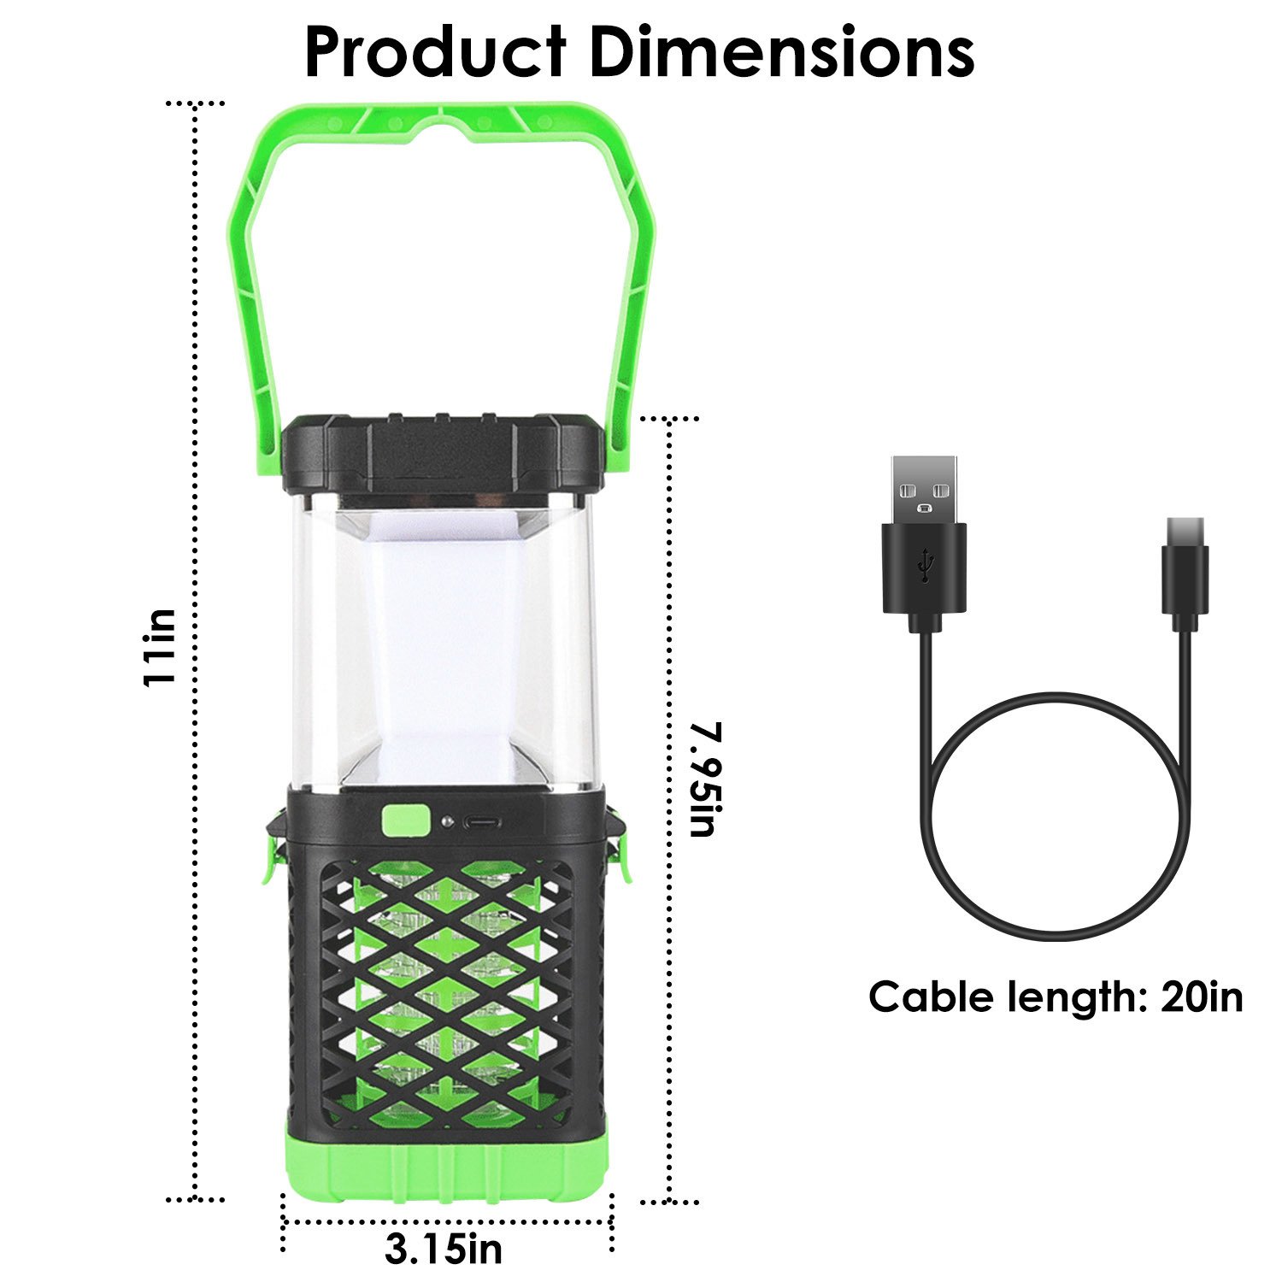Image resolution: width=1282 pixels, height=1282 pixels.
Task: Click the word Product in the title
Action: (435, 52)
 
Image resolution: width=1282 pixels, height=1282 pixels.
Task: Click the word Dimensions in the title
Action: (782, 52)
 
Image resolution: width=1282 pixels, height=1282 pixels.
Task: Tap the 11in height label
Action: (160, 647)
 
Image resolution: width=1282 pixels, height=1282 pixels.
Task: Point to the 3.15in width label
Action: (444, 1250)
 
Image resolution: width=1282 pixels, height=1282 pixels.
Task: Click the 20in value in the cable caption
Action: (1202, 997)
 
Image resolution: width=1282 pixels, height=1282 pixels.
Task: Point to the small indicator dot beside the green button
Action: (446, 821)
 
